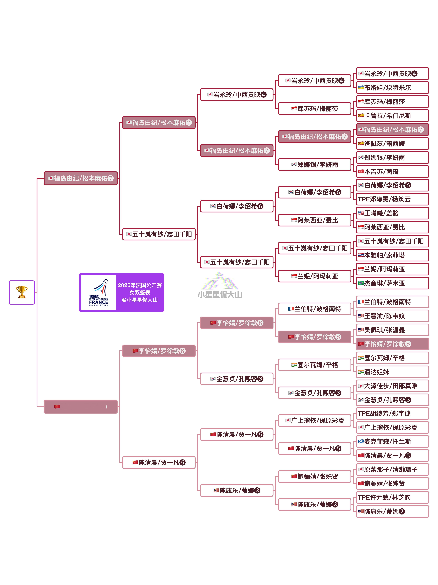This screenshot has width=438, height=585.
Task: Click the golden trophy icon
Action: (x=22, y=292)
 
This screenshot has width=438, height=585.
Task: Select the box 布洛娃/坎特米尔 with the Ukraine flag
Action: (x=392, y=88)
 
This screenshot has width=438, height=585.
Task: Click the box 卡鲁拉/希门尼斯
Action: (x=392, y=116)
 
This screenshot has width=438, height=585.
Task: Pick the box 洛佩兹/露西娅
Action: (x=392, y=144)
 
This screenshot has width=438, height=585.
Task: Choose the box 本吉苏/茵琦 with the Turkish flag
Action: (x=392, y=172)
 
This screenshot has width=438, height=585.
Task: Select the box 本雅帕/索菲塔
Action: (x=392, y=255)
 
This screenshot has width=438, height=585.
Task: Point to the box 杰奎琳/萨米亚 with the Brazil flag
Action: (x=392, y=283)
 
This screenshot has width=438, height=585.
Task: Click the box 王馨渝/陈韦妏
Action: (x=392, y=316)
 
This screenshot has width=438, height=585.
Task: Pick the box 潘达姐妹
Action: (x=392, y=372)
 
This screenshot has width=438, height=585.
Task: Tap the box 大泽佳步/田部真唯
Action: (x=392, y=386)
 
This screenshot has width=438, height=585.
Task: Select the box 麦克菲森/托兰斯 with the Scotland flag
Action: (x=392, y=441)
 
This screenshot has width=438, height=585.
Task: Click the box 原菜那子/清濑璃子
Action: (x=392, y=469)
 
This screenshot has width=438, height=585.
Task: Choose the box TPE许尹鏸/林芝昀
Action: (x=392, y=497)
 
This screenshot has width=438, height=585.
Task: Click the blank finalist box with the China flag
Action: (x=81, y=406)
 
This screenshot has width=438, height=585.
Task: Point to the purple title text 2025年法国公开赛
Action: (x=140, y=285)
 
